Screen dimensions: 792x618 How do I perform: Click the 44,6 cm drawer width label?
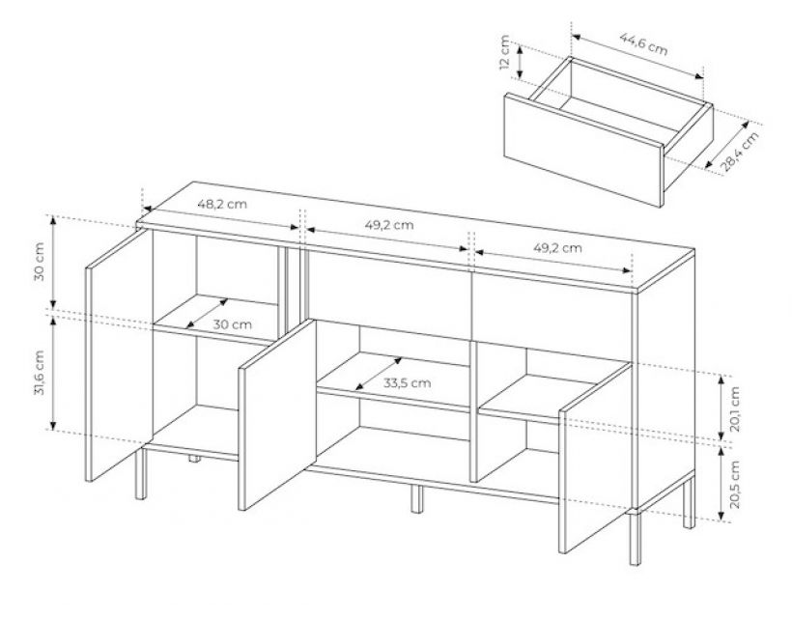(643, 43)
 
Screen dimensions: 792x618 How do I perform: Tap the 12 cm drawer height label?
(504, 52)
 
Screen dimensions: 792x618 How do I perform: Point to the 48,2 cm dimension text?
(222, 205)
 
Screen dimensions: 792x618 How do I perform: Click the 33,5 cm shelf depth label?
(408, 382)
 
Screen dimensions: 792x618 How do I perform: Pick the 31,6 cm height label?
(40, 372)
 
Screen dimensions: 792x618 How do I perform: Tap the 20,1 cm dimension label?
(735, 409)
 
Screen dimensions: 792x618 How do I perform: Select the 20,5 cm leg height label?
(735, 485)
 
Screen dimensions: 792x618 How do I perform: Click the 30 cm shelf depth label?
(232, 324)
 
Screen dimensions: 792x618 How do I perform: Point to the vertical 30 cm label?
(40, 261)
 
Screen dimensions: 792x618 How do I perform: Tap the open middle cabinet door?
(277, 414)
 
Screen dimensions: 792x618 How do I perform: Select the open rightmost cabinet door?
(596, 458)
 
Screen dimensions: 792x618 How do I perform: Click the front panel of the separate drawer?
(583, 150)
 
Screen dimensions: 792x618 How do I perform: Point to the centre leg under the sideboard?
(416, 499)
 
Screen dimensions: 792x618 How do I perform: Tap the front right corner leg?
(635, 538)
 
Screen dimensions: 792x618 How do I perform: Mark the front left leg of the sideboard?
(141, 472)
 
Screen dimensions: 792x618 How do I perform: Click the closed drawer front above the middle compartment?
(388, 295)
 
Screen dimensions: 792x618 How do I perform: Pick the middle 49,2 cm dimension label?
(389, 225)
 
